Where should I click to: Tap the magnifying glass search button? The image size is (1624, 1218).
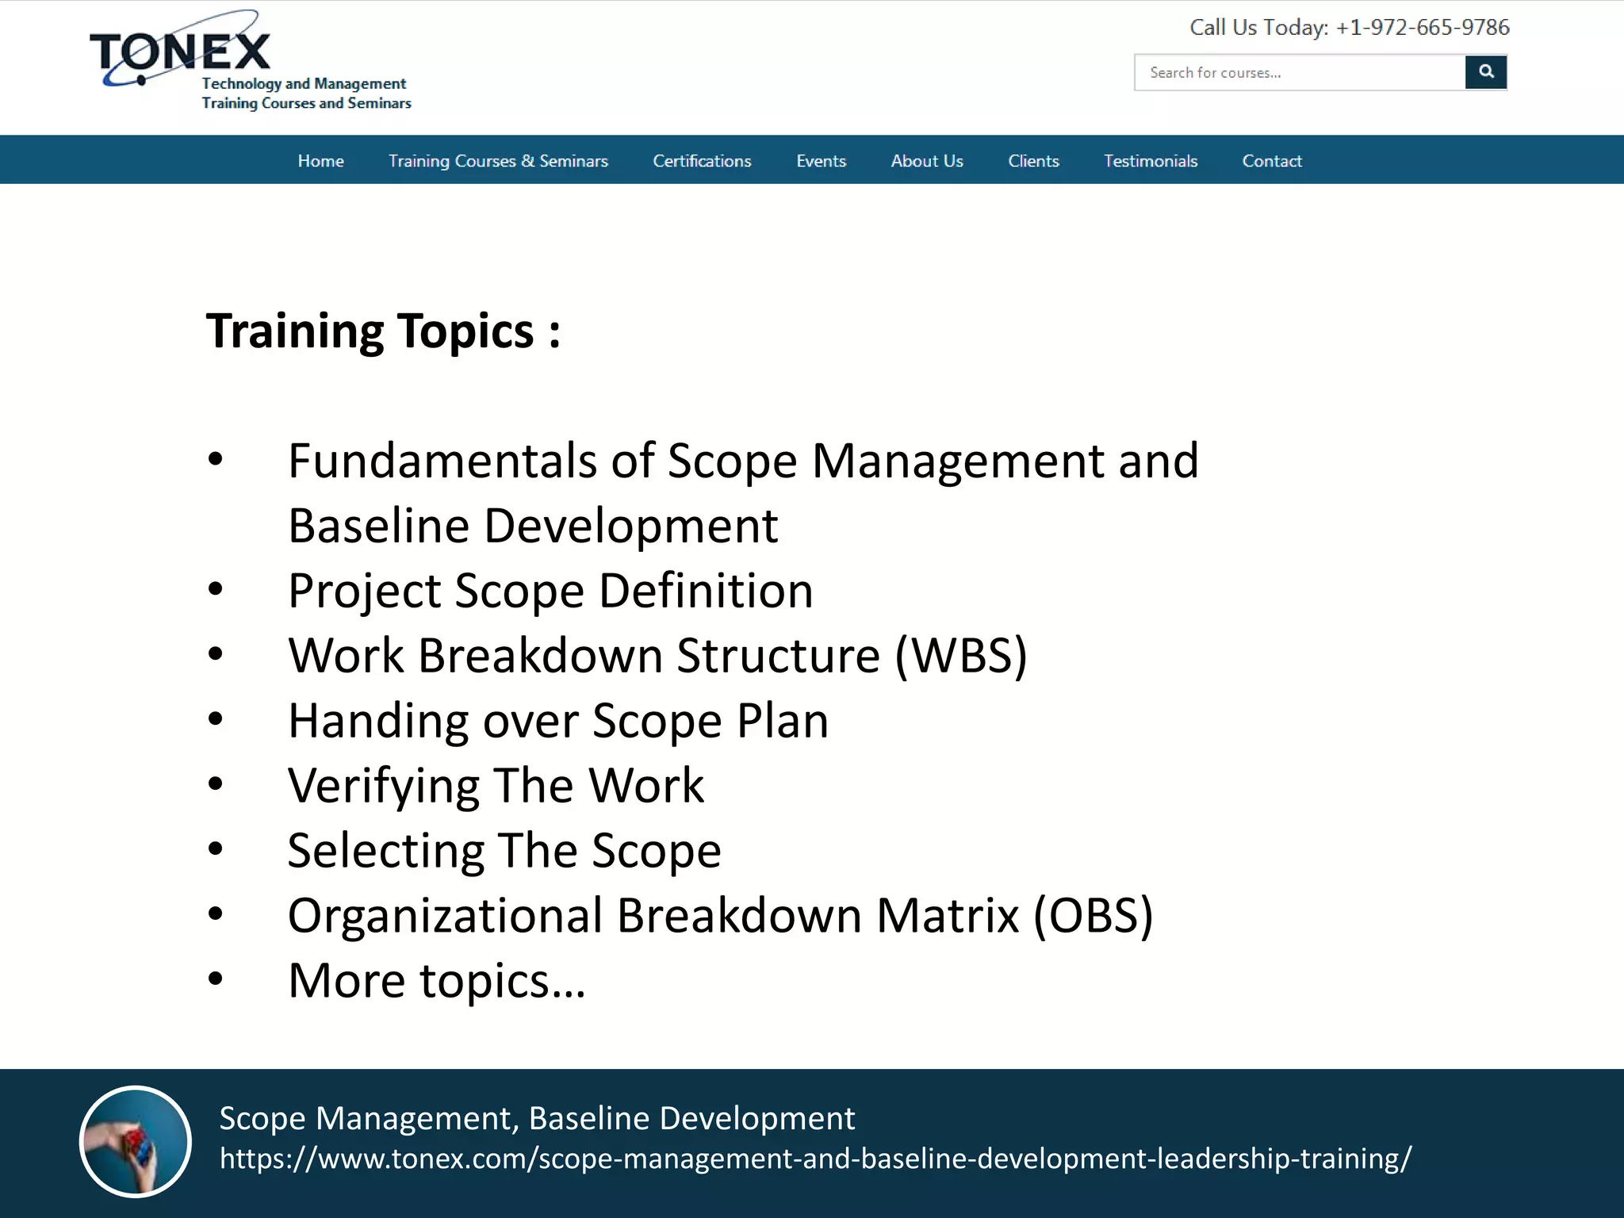pos(1485,72)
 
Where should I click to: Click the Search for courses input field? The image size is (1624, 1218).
pos(1299,73)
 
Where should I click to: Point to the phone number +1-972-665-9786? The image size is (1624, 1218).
pos(1422,28)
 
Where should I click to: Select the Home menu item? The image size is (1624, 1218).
pos(320,161)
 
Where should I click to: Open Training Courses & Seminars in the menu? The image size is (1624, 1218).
pos(498,161)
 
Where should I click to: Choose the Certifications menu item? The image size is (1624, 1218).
pos(702,161)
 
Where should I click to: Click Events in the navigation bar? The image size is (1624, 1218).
pos(821,161)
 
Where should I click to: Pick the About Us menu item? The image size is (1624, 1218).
pos(926,161)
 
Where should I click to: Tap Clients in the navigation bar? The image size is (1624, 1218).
pos(1033,161)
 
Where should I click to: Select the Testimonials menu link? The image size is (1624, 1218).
pos(1150,161)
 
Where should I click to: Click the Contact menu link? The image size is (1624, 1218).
pos(1271,161)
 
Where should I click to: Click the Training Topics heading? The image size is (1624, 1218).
pos(383,331)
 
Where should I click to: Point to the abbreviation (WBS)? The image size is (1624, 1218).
pos(961,656)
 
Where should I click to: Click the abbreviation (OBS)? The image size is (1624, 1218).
pos(1093,916)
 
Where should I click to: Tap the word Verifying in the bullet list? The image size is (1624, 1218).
pos(383,786)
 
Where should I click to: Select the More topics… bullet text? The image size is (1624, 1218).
pos(436,981)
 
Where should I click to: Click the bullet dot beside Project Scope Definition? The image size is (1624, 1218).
pos(216,589)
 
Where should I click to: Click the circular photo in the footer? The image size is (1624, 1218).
pos(136,1141)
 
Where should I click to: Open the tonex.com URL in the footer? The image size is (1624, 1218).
pos(815,1159)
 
